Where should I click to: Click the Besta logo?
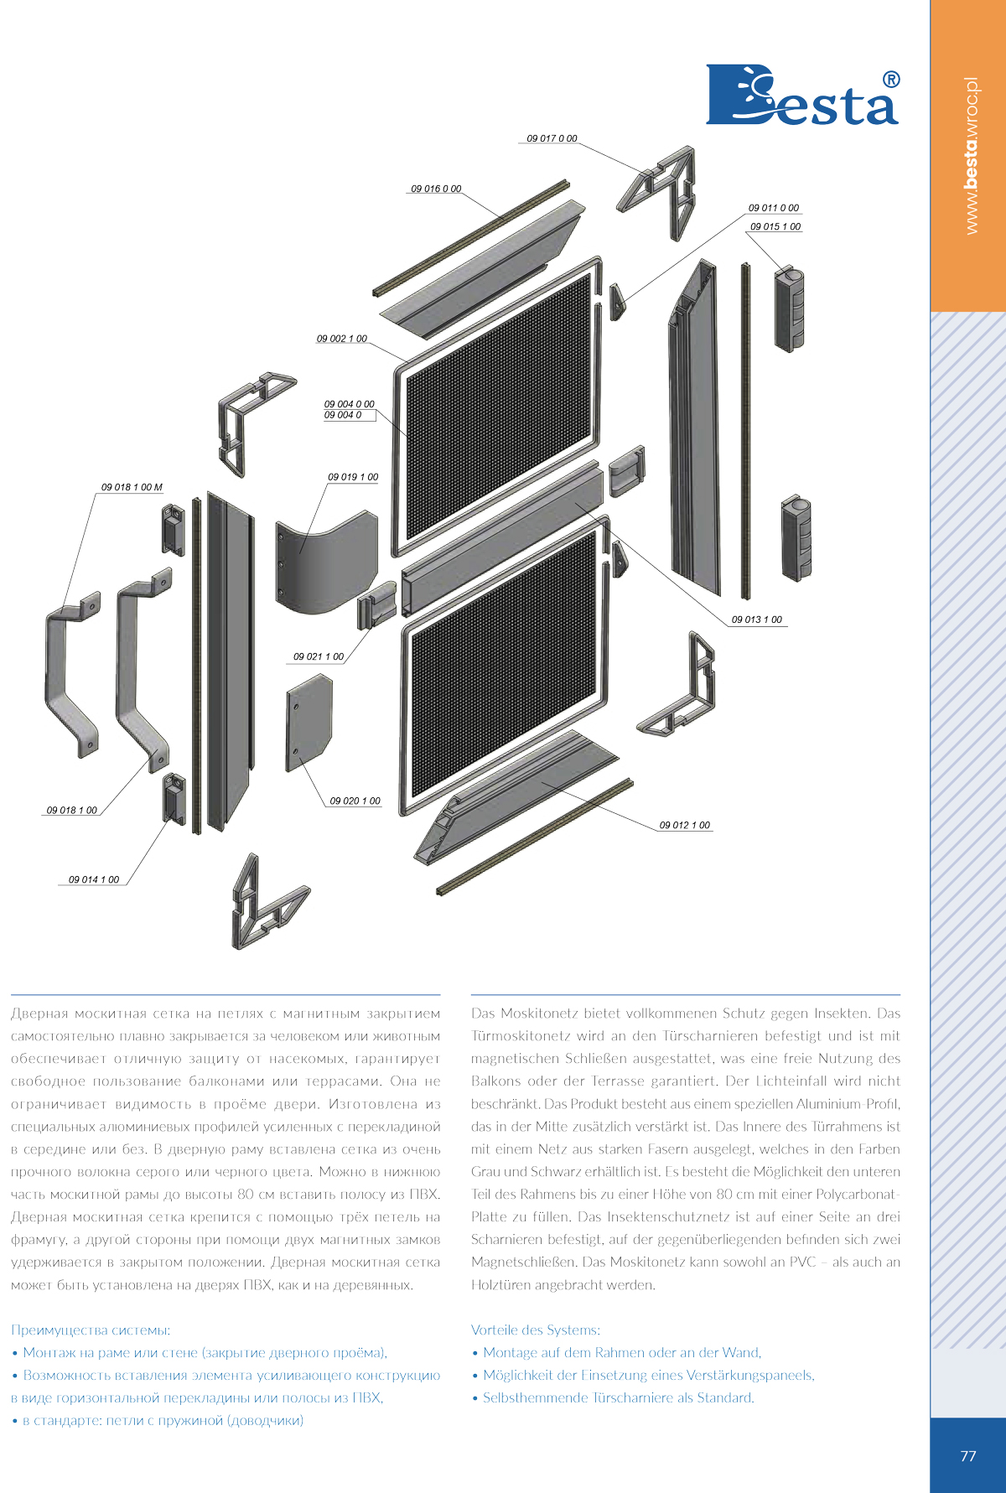pyautogui.click(x=802, y=95)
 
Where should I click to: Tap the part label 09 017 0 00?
pyautogui.click(x=552, y=138)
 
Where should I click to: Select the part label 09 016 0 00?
pyautogui.click(x=436, y=189)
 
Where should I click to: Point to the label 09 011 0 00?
pyautogui.click(x=774, y=208)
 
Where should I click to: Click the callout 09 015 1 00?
pyautogui.click(x=775, y=226)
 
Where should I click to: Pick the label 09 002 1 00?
pyautogui.click(x=341, y=339)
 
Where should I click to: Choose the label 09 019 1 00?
pyautogui.click(x=353, y=477)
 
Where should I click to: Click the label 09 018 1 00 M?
pyautogui.click(x=132, y=487)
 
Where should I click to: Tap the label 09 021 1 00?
pyautogui.click(x=319, y=656)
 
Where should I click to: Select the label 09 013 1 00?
pyautogui.click(x=757, y=619)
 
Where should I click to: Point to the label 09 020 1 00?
pyautogui.click(x=355, y=801)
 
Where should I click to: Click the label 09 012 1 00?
pyautogui.click(x=684, y=825)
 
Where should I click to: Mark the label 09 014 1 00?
pyautogui.click(x=94, y=879)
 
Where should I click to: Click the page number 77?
pyautogui.click(x=968, y=1456)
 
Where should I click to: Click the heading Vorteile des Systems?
pyautogui.click(x=536, y=1330)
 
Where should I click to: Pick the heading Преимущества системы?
pyautogui.click(x=91, y=1330)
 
